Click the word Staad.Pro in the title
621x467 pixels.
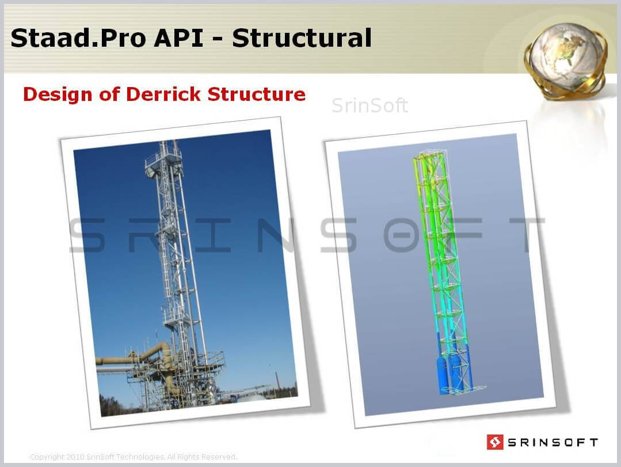[78, 38]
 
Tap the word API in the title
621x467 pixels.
[178, 38]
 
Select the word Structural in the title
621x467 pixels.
[302, 38]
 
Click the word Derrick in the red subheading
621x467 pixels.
[163, 94]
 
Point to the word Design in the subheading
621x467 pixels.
[58, 95]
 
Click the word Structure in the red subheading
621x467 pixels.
[257, 94]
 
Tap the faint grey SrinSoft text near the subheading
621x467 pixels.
[369, 106]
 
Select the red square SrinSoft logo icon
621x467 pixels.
[494, 442]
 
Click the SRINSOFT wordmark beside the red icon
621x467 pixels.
[553, 442]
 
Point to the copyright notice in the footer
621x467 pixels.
[134, 457]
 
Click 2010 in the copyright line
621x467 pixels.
[75, 457]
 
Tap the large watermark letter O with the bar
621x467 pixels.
[402, 235]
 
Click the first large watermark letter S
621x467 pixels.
[88, 235]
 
